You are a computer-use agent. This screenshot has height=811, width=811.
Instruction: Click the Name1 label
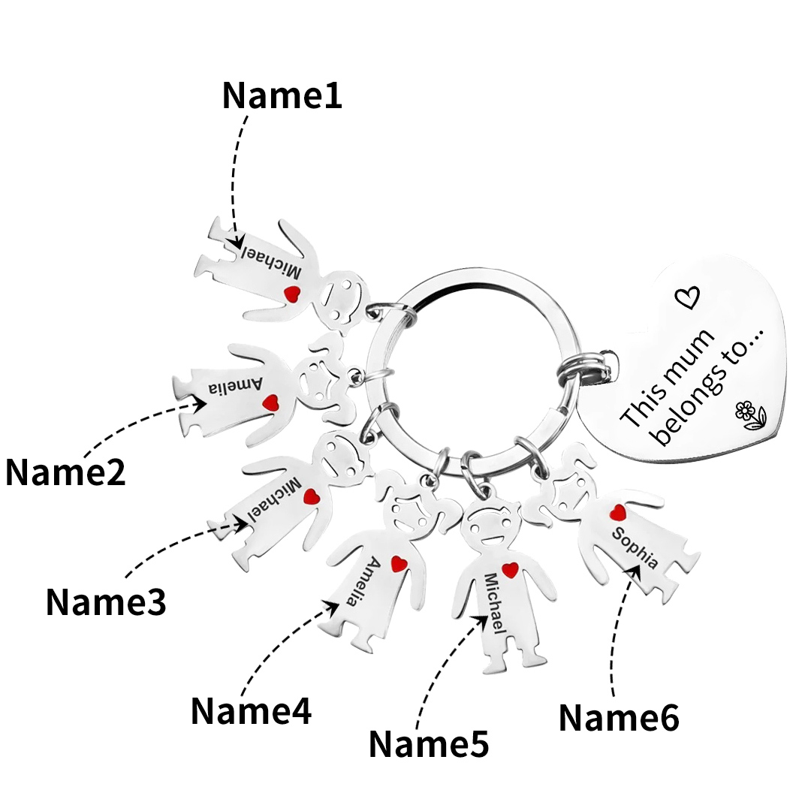click(282, 96)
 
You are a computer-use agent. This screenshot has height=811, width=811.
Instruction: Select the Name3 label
click(106, 601)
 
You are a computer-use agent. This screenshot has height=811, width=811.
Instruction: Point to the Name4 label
click(251, 710)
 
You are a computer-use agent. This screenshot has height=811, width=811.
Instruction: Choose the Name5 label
click(428, 744)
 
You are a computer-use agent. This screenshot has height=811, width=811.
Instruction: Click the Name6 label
click(619, 718)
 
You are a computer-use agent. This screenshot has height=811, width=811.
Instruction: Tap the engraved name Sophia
click(635, 548)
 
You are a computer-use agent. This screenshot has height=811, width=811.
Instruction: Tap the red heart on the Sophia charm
click(617, 513)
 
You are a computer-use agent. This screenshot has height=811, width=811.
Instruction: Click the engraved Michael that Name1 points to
click(273, 262)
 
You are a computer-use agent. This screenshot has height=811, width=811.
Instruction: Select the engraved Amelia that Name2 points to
click(236, 387)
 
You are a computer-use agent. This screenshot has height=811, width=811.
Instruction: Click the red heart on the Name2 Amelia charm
click(271, 403)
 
